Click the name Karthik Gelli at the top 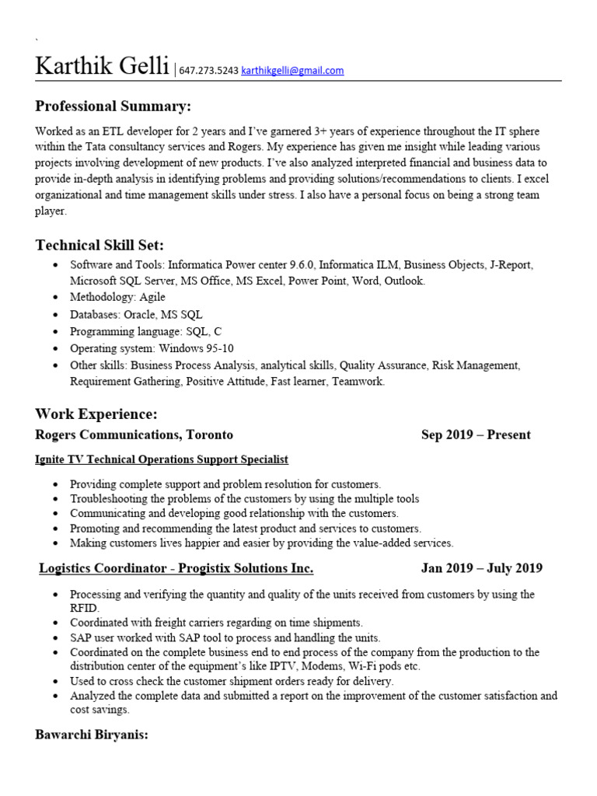pyautogui.click(x=102, y=67)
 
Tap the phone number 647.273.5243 pyautogui.click(x=208, y=71)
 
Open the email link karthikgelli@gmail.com pyautogui.click(x=292, y=71)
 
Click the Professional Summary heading pyautogui.click(x=113, y=106)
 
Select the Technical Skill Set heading pyautogui.click(x=99, y=246)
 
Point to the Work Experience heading pyautogui.click(x=96, y=414)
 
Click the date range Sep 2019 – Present pyautogui.click(x=476, y=435)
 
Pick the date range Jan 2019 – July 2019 pyautogui.click(x=481, y=568)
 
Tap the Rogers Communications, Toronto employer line pyautogui.click(x=134, y=435)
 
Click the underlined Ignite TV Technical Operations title pyautogui.click(x=162, y=460)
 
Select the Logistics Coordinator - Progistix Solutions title pyautogui.click(x=176, y=568)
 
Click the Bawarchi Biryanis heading pyautogui.click(x=92, y=735)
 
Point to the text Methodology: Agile pyautogui.click(x=117, y=297)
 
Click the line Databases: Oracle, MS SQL pyautogui.click(x=136, y=314)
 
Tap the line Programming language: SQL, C pyautogui.click(x=145, y=331)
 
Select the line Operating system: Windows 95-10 pyautogui.click(x=152, y=348)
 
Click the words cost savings pyautogui.click(x=99, y=710)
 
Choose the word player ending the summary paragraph pyautogui.click(x=51, y=211)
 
